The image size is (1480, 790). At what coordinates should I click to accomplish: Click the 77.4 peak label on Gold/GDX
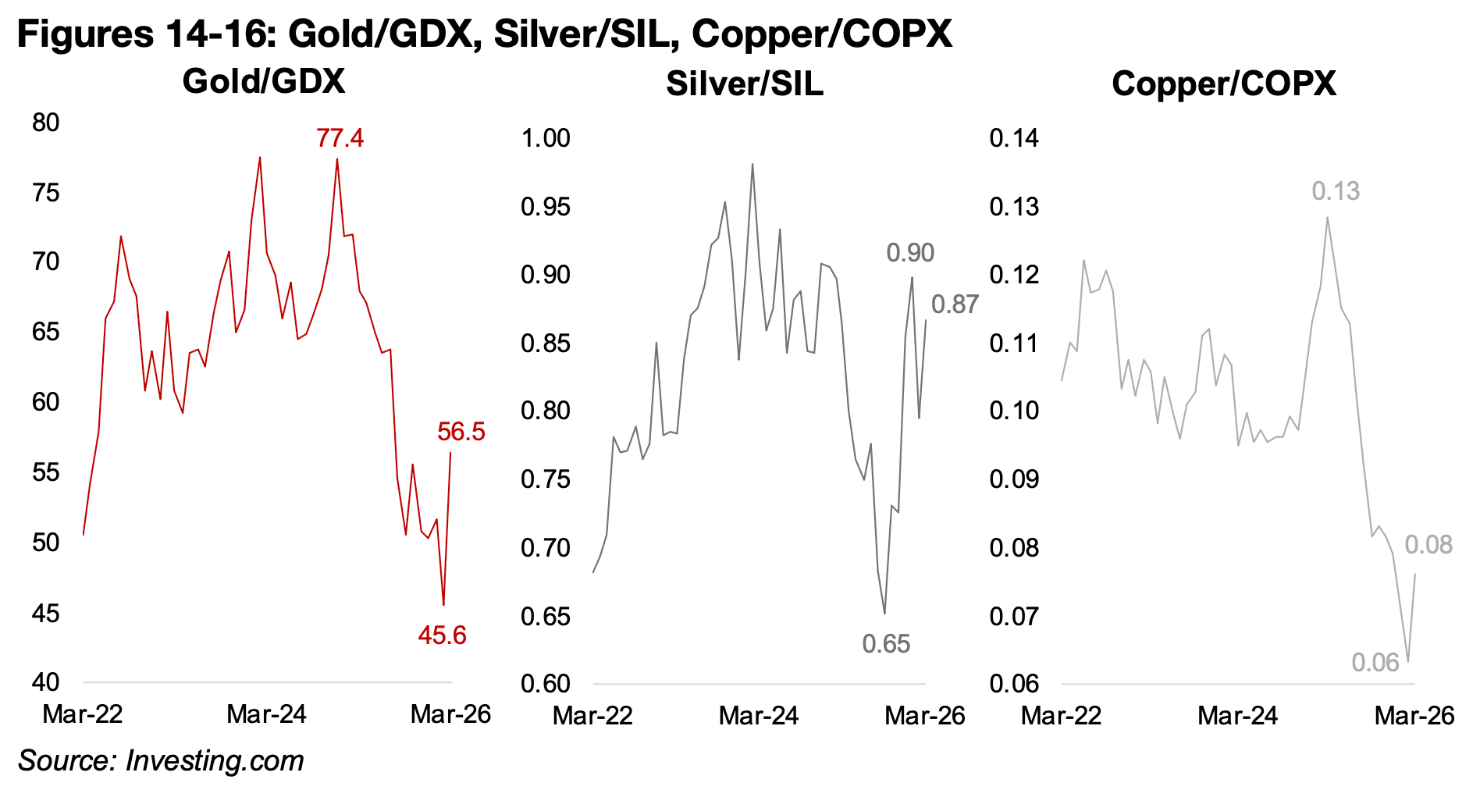click(x=340, y=138)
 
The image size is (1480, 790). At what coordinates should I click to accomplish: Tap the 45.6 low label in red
click(x=442, y=635)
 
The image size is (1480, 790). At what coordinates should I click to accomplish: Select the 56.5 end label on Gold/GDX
click(x=461, y=432)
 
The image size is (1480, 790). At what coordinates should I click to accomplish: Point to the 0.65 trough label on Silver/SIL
click(x=886, y=644)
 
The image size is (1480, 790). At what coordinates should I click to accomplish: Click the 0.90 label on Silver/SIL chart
click(x=910, y=253)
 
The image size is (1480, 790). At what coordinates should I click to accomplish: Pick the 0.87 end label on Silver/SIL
click(x=954, y=304)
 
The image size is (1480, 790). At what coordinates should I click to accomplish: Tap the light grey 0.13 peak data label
click(x=1335, y=191)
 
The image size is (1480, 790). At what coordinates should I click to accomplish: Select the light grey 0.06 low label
click(x=1375, y=663)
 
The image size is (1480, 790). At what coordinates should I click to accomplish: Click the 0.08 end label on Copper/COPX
click(x=1428, y=545)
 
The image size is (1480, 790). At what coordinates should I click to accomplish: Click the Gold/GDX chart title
click(x=264, y=82)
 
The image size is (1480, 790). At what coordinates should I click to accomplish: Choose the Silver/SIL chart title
click(x=745, y=84)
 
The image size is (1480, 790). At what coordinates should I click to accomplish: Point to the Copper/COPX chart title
click(x=1223, y=84)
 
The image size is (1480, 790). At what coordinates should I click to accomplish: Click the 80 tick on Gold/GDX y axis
click(x=46, y=123)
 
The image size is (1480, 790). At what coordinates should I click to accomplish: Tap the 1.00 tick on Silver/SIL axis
click(x=546, y=138)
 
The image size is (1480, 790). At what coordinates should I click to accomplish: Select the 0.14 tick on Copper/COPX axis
click(x=1014, y=138)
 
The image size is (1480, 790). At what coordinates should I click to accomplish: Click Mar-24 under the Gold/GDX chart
click(x=266, y=714)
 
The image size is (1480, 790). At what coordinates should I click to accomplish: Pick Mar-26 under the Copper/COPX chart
click(x=1414, y=716)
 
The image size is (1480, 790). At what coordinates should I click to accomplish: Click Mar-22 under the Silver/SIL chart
click(x=592, y=716)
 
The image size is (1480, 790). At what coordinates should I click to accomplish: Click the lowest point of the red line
click(x=443, y=604)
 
